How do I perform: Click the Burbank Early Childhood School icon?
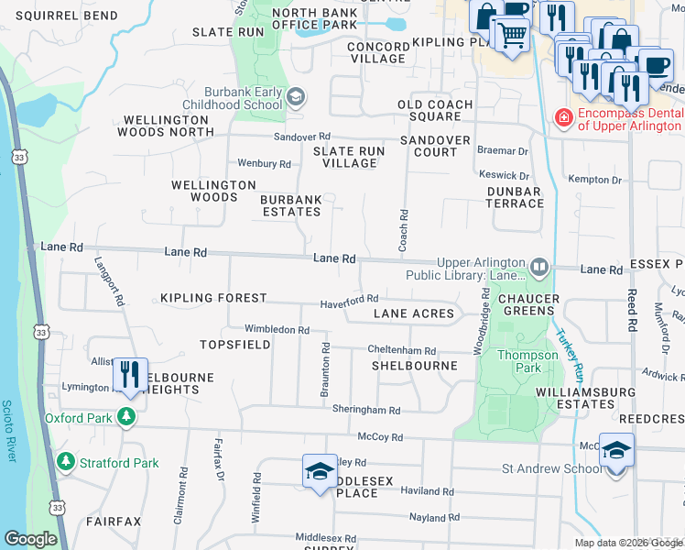click(x=296, y=96)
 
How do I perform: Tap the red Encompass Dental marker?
click(x=563, y=116)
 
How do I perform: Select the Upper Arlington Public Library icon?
click(x=538, y=268)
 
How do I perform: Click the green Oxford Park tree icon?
click(x=125, y=418)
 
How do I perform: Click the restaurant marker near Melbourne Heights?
click(x=129, y=375)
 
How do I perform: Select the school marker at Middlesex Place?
click(x=318, y=471)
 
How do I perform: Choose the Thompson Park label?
click(x=527, y=355)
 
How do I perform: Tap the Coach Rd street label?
click(x=403, y=230)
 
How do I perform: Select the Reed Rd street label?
click(x=632, y=309)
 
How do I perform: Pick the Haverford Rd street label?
click(x=349, y=301)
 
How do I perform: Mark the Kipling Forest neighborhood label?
click(x=213, y=298)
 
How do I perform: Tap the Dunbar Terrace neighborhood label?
click(x=515, y=198)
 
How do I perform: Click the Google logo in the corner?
click(x=30, y=539)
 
